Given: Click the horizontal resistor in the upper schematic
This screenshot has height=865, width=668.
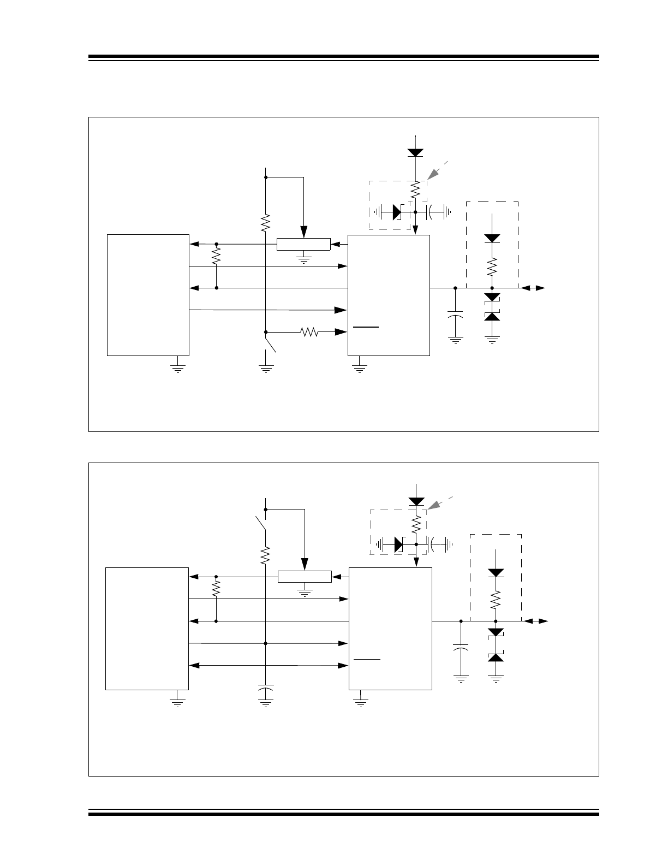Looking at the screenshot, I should click(x=309, y=331).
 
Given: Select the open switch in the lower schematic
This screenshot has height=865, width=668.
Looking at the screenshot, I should click(x=261, y=523).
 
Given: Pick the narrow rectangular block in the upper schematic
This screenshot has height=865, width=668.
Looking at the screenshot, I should click(x=303, y=244).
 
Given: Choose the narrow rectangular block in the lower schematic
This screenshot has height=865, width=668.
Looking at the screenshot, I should click(x=305, y=577).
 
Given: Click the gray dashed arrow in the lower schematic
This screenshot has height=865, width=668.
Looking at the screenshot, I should click(x=439, y=503).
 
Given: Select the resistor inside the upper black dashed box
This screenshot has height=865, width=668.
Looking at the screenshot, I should click(x=492, y=267).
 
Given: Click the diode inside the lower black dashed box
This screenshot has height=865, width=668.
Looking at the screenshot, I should click(x=496, y=572).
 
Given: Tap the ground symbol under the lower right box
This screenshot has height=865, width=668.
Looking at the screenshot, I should click(x=360, y=701).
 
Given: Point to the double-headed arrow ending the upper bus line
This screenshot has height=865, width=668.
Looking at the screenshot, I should click(x=533, y=288).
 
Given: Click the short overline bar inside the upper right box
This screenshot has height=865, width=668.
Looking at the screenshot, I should click(x=366, y=327).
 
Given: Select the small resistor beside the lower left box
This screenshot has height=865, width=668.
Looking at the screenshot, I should click(x=217, y=588).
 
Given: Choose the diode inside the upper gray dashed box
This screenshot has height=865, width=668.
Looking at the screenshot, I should click(x=397, y=211).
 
